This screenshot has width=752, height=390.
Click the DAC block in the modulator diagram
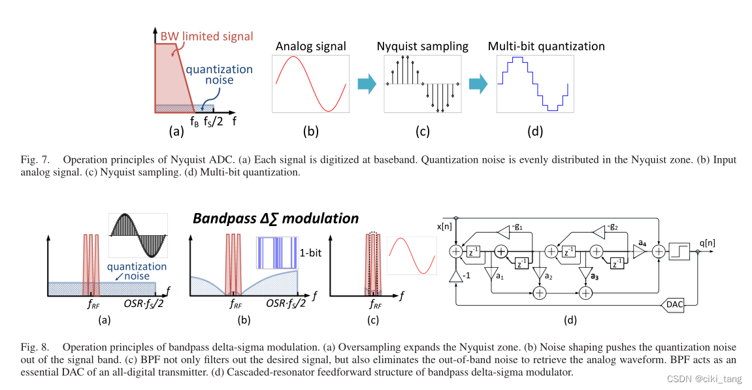(x=675, y=304)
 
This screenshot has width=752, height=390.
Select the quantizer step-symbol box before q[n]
(x=679, y=250)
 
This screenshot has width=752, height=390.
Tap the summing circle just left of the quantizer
(x=660, y=250)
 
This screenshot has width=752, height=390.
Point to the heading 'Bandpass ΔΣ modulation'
(x=275, y=218)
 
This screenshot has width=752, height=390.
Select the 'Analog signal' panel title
(x=310, y=46)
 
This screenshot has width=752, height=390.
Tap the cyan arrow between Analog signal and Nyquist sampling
(x=367, y=84)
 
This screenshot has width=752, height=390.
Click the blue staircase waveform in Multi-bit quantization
(x=535, y=84)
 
